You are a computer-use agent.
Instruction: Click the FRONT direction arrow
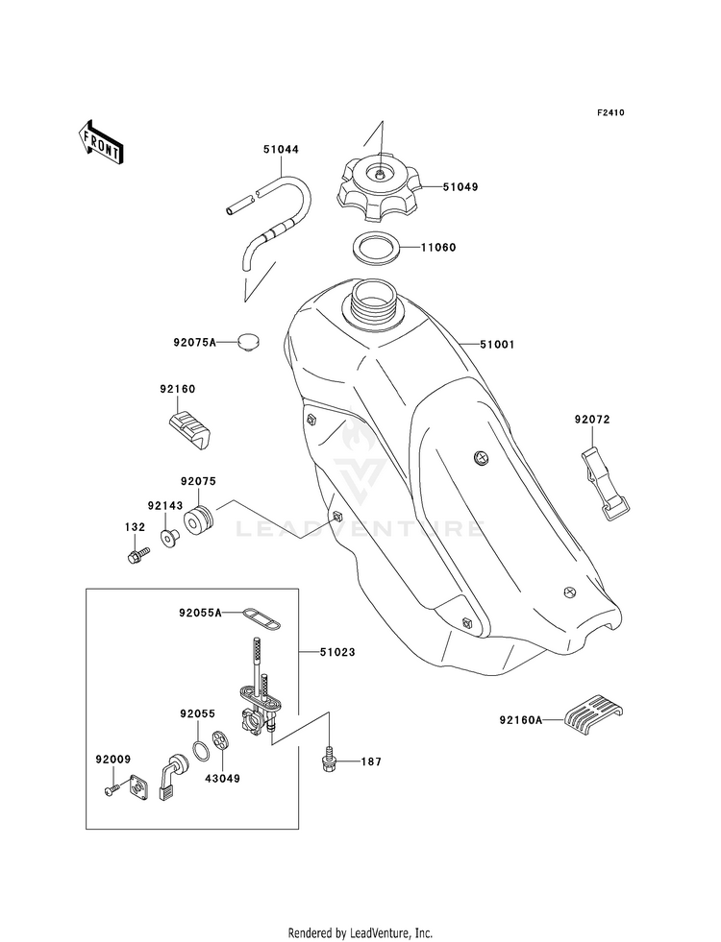tap(100, 143)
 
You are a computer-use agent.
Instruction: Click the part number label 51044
tap(281, 149)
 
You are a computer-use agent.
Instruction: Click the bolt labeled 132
tap(137, 554)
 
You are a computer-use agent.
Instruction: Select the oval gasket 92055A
tap(261, 618)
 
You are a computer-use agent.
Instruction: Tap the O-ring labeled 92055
tap(202, 749)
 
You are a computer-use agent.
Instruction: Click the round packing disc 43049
tap(222, 742)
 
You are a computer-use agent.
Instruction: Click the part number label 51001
tap(497, 345)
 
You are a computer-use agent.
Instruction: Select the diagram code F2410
tap(610, 112)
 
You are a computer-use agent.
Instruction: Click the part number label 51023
tap(336, 652)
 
